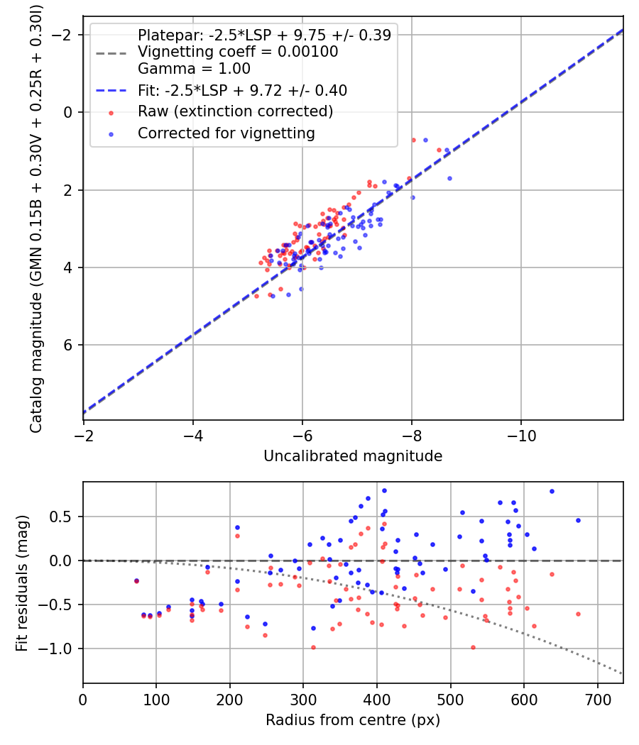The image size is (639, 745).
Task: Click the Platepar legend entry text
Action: (x=264, y=35)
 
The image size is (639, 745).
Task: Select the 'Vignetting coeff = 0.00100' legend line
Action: (x=238, y=53)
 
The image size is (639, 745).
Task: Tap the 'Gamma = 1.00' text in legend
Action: (x=194, y=69)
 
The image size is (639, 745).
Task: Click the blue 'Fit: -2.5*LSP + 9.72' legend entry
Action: (x=242, y=91)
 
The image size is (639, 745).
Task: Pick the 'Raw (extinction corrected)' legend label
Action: (x=235, y=111)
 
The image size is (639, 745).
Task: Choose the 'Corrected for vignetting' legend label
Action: (x=226, y=133)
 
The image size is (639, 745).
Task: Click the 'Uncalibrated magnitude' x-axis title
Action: (x=353, y=456)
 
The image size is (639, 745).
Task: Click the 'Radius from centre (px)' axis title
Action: (x=353, y=720)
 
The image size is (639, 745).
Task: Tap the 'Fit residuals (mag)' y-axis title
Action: (x=22, y=582)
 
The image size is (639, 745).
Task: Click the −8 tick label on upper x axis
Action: (x=412, y=435)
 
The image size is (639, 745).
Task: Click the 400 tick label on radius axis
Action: (x=377, y=699)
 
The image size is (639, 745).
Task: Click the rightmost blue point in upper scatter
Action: (x=449, y=178)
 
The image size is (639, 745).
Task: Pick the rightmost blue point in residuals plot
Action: (x=578, y=520)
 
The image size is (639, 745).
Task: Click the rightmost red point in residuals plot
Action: (x=578, y=614)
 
